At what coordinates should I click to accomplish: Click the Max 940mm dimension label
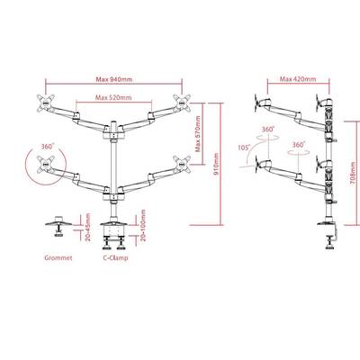tap(114, 79)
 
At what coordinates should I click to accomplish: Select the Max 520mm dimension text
tap(113, 97)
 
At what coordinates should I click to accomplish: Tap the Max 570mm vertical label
tap(197, 134)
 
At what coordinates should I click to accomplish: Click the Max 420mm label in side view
tap(298, 79)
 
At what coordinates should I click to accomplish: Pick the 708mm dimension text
tap(353, 173)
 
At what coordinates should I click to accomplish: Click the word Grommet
tap(58, 257)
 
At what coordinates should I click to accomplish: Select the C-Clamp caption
tap(115, 257)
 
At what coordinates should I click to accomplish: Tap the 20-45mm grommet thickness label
tap(88, 228)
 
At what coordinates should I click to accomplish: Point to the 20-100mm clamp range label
tap(143, 225)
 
